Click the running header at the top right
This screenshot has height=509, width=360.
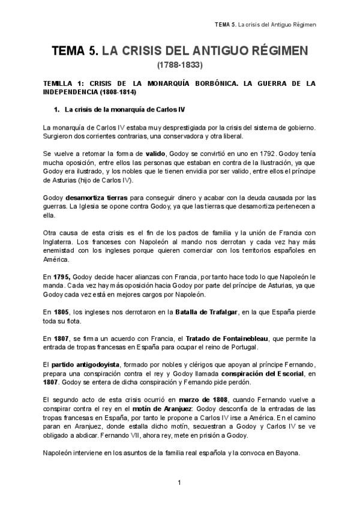pos(265,25)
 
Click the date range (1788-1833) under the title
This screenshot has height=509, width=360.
pos(179,64)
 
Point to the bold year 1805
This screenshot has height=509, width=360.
pos(61,312)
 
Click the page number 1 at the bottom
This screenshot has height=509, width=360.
pos(179,482)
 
